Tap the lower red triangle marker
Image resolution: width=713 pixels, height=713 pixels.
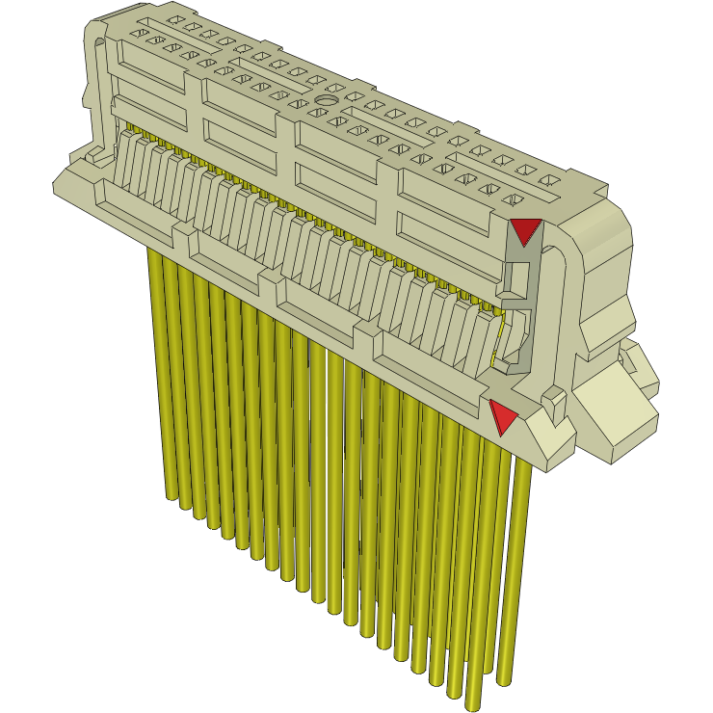[502, 416]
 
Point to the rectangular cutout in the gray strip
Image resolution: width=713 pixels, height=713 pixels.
[517, 280]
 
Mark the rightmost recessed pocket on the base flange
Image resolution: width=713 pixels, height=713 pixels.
[424, 360]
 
